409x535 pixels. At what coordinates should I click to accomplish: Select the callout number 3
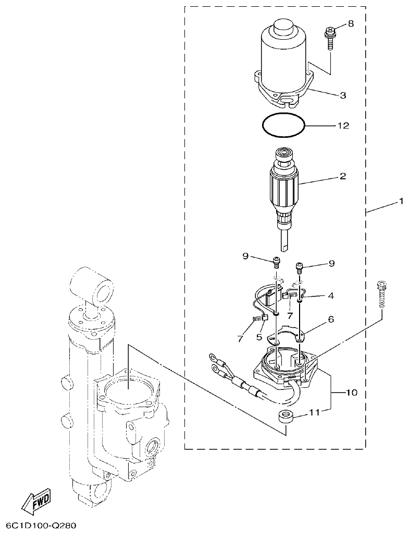pos(342,96)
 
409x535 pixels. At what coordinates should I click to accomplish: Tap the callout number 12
pos(343,126)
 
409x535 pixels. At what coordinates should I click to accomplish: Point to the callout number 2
pos(342,176)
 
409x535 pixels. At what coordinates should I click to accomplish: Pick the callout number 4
pos(330,296)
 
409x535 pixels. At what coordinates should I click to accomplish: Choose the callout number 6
pos(330,318)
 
